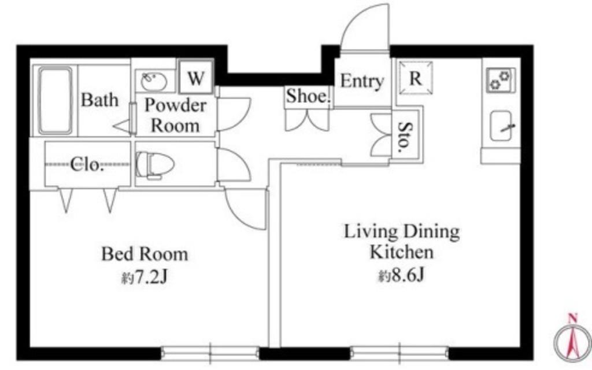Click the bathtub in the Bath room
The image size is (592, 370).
[55, 101]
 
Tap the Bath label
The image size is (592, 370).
[99, 100]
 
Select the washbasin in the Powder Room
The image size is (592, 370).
[154, 81]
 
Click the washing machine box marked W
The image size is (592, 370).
[195, 78]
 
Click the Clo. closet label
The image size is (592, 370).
[87, 164]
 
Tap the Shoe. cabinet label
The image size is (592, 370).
[308, 96]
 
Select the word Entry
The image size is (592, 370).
[362, 81]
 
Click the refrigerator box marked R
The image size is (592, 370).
[415, 78]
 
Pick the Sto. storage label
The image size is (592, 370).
[404, 134]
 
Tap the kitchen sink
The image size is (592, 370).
[501, 126]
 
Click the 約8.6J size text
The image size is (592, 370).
[401, 276]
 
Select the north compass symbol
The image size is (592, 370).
[573, 338]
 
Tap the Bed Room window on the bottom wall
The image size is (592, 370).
[210, 353]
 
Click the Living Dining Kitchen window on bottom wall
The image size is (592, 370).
[399, 353]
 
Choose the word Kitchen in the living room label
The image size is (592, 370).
[401, 252]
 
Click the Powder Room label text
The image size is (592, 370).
[175, 115]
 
